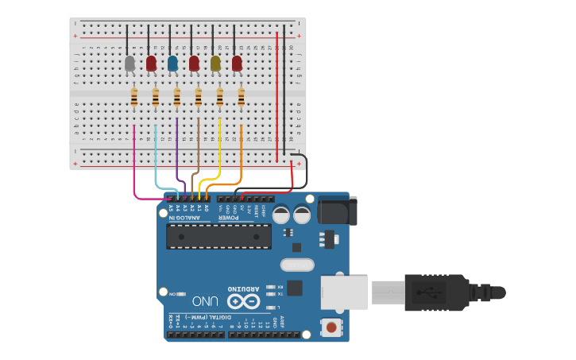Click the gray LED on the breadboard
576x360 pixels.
click(x=130, y=63)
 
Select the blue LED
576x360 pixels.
click(x=172, y=63)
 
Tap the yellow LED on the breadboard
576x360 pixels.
click(x=215, y=63)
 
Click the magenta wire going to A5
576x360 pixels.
click(x=134, y=159)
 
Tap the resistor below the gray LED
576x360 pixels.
click(x=133, y=97)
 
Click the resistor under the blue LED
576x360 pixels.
click(x=176, y=97)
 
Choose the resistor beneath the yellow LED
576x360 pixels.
click(x=219, y=97)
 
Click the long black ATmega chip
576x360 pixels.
click(x=218, y=236)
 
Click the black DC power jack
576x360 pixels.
click(x=337, y=210)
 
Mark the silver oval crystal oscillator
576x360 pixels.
click(x=297, y=265)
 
